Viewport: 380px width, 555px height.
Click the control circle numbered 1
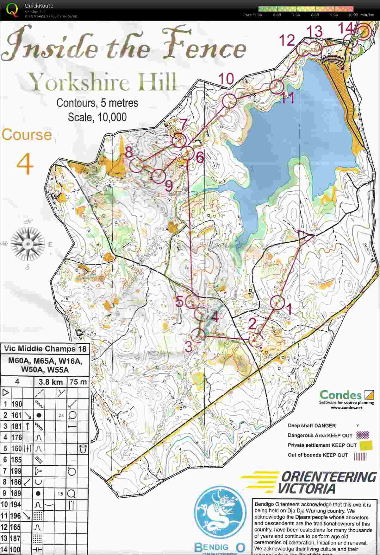click(277, 303)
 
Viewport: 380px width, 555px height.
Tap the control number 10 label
click(226, 79)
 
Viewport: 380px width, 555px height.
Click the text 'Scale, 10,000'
click(97, 117)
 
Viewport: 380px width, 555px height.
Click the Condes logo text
click(340, 395)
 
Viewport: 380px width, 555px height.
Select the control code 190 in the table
click(16, 404)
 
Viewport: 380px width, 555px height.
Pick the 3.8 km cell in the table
click(51, 382)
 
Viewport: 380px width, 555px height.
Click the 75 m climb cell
click(78, 382)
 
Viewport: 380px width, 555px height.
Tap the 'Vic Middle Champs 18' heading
click(45, 349)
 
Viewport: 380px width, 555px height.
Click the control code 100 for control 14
click(15, 549)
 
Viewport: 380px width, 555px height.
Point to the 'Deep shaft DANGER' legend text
click(311, 425)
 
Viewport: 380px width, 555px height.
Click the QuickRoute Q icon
click(12, 10)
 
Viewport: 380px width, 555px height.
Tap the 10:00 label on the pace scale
click(353, 15)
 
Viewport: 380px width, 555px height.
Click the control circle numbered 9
click(158, 176)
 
